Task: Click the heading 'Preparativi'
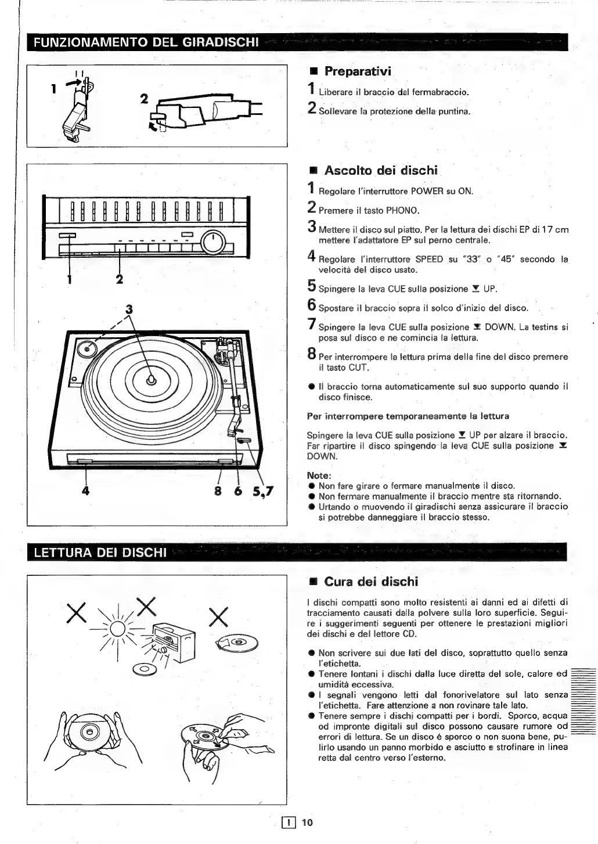(357, 71)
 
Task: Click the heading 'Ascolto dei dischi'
(380, 171)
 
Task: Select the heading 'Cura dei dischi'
(370, 582)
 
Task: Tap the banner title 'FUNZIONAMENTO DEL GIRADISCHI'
(146, 42)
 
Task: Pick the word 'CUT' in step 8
(358, 367)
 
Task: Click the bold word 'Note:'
(319, 475)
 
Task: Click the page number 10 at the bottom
(307, 822)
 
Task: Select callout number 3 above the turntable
(129, 310)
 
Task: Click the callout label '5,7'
(263, 492)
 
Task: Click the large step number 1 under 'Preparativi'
(311, 89)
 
